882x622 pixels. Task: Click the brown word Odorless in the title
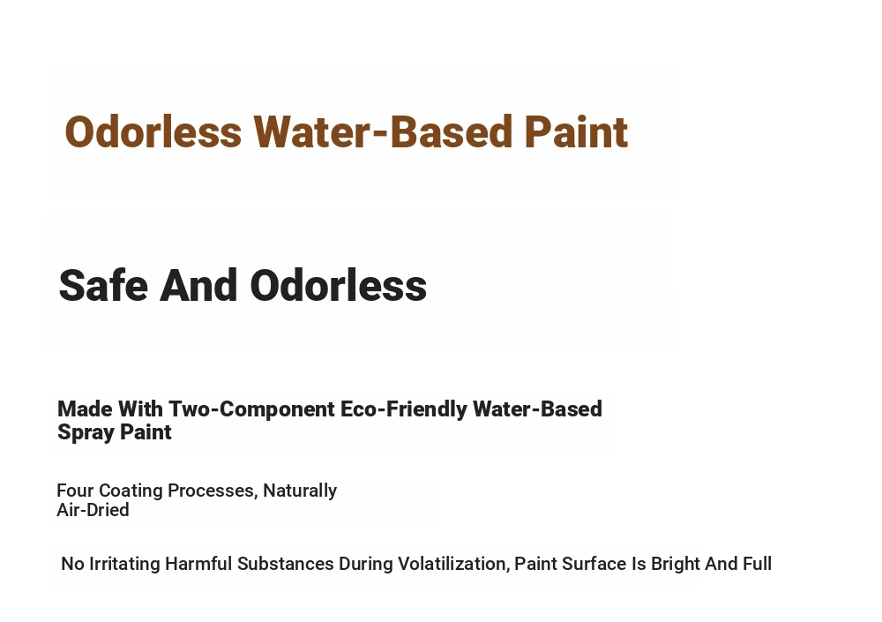pos(153,131)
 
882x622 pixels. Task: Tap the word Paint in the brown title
pos(576,131)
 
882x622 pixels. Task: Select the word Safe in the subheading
pos(103,285)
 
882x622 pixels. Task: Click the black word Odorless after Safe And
pos(339,285)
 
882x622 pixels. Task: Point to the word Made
pos(85,408)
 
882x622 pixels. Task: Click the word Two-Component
pos(251,409)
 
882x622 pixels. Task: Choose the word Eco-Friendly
pos(404,409)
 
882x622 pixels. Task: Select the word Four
pos(75,491)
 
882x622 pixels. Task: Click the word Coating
pos(131,491)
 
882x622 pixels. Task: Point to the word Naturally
pos(300,491)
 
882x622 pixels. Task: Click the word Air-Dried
pos(93,510)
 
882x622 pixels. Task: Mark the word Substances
pos(285,564)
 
